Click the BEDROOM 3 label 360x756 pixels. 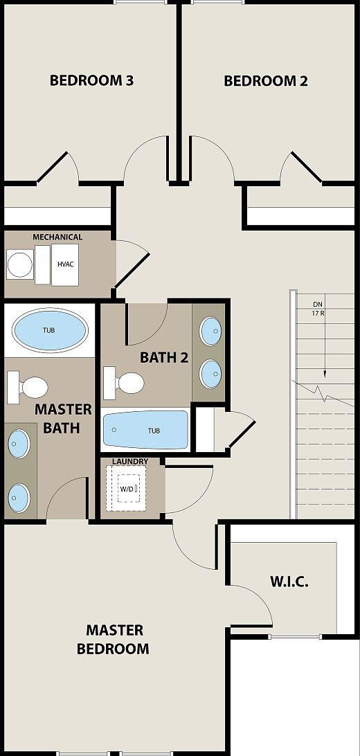pyautogui.click(x=91, y=80)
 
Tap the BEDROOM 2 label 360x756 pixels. pyautogui.click(x=266, y=81)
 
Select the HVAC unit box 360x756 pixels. pyautogui.click(x=65, y=264)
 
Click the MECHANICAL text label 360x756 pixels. pyautogui.click(x=57, y=237)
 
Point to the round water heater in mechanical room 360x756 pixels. pyautogui.click(x=19, y=264)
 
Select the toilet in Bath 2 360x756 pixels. pyautogui.click(x=123, y=381)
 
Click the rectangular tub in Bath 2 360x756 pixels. pyautogui.click(x=146, y=429)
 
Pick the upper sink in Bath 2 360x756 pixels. pyautogui.click(x=210, y=332)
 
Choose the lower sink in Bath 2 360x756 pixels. pyautogui.click(x=210, y=374)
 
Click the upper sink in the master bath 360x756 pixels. pyautogui.click(x=19, y=442)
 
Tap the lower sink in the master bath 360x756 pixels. pyautogui.click(x=19, y=496)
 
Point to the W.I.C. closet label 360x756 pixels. pyautogui.click(x=289, y=581)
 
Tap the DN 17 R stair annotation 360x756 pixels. pyautogui.click(x=318, y=308)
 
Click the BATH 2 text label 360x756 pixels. pyautogui.click(x=164, y=357)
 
